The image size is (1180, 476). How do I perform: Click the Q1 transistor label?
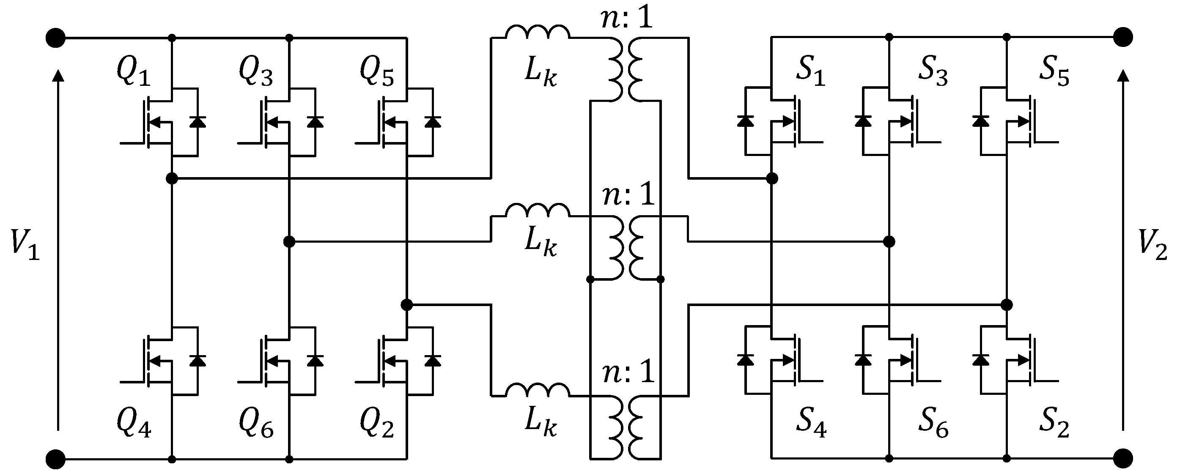tap(133, 74)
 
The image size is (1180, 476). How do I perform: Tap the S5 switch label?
tap(1054, 74)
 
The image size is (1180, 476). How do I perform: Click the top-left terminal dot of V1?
tap(56, 38)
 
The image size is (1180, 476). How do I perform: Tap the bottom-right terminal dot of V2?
tap(1123, 458)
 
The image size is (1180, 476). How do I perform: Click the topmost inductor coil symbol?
tap(538, 32)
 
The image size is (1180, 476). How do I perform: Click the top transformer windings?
tap(626, 68)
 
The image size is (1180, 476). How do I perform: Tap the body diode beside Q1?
tap(198, 122)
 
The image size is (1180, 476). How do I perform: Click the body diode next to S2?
tap(980, 360)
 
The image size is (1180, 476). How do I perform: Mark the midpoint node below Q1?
tap(172, 178)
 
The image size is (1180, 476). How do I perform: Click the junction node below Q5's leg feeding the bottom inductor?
tap(406, 304)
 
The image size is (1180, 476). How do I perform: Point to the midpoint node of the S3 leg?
tap(889, 241)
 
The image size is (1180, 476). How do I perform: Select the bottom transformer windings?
tap(626, 427)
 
